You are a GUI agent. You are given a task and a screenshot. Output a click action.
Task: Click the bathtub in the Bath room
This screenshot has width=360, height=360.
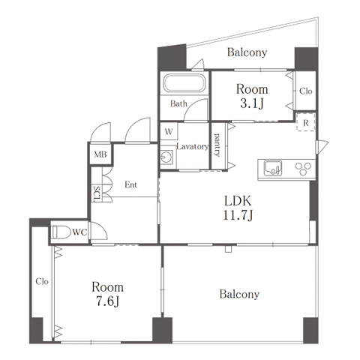click(184, 83)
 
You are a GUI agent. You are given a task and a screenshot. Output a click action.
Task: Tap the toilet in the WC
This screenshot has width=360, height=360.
click(61, 232)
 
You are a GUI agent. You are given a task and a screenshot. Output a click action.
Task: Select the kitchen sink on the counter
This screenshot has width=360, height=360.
click(273, 168)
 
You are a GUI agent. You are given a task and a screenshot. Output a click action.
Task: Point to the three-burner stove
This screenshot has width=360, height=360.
click(303, 169)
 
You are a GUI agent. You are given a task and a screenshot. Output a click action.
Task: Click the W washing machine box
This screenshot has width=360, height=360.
click(169, 131)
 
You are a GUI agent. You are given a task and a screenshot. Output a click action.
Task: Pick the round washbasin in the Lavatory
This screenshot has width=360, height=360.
click(166, 157)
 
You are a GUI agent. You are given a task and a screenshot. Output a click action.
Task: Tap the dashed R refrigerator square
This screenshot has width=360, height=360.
click(305, 122)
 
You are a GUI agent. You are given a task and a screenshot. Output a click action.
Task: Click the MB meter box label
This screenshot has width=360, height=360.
click(100, 154)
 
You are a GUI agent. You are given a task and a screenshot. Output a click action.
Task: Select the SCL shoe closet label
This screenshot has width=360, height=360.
click(97, 193)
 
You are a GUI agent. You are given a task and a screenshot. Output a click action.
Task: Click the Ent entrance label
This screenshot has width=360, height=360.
click(131, 184)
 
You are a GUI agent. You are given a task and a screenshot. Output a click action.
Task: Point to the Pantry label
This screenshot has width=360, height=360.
click(217, 145)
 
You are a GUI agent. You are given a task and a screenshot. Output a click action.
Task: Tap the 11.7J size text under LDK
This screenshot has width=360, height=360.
click(238, 215)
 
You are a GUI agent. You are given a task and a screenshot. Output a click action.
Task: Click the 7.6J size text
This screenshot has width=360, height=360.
click(108, 301)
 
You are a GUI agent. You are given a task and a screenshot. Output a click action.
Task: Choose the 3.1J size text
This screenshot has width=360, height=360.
click(252, 103)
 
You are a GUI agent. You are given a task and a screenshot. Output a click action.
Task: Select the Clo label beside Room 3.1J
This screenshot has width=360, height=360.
click(306, 91)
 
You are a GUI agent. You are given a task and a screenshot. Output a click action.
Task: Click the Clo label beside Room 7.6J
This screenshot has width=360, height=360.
click(42, 281)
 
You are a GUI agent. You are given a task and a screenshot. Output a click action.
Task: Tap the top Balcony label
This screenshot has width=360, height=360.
click(247, 52)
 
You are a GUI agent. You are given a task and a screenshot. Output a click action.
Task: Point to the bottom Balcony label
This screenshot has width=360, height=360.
click(239, 294)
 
